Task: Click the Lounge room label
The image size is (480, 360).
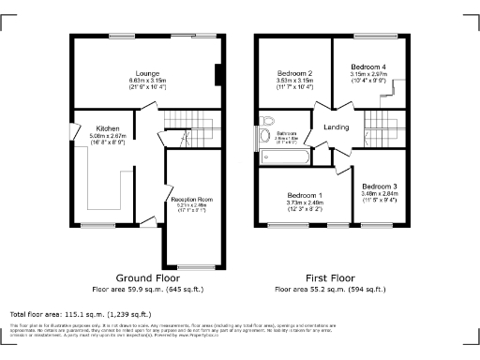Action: coord(147,72)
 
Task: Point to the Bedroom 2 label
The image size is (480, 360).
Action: coord(294,73)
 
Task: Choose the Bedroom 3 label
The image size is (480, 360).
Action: coord(380,186)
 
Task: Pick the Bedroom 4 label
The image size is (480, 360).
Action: coord(368,67)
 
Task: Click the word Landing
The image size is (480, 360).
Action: coord(337,127)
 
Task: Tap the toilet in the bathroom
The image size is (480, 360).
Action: coord(270,121)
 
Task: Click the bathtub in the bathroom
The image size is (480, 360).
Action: coord(258,140)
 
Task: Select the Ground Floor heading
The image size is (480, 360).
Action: coord(147,278)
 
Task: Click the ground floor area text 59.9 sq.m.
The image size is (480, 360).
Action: coord(147,290)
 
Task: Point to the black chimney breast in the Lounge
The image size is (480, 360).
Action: coord(217,76)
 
